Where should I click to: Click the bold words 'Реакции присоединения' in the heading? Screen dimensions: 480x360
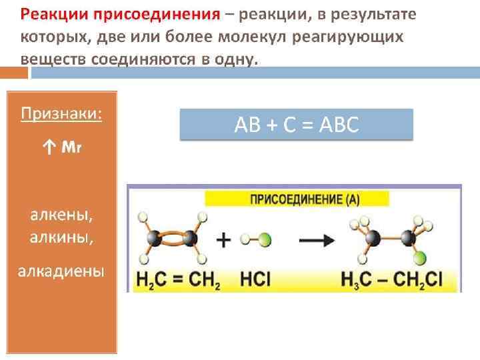point(119,15)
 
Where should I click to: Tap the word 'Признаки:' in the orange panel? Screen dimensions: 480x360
point(61,113)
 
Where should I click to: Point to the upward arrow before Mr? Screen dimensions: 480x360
point(49,147)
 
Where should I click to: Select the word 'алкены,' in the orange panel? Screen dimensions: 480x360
point(61,215)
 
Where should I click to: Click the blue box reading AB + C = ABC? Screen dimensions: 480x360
point(296,125)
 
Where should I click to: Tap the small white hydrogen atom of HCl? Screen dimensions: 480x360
point(246,238)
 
